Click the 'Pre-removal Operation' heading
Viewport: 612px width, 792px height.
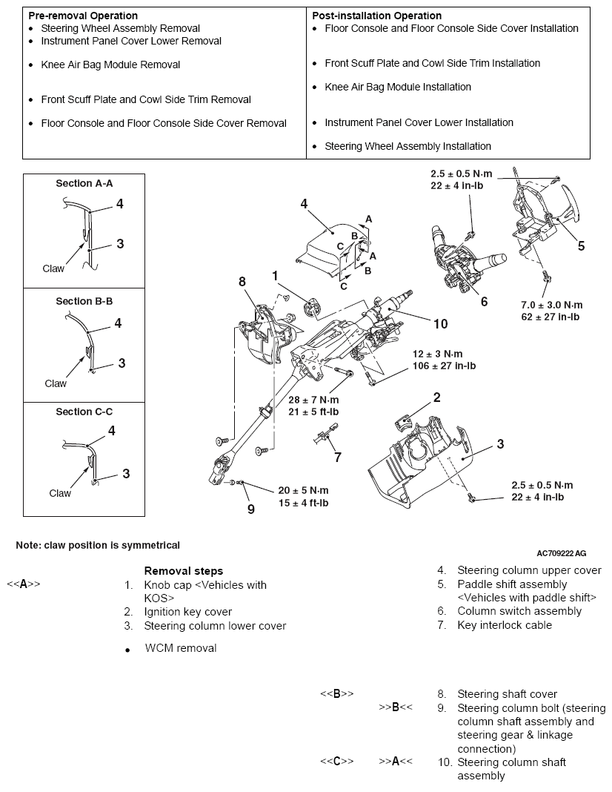pos(82,16)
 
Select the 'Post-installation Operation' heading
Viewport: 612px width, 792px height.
pos(376,16)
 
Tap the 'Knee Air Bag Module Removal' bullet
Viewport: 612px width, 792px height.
pos(110,65)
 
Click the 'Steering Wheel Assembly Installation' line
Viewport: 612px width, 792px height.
pos(408,146)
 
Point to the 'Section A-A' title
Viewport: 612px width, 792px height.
pos(84,183)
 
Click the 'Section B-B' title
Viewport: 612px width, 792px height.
pos(84,302)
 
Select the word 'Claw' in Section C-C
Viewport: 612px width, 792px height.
pos(60,493)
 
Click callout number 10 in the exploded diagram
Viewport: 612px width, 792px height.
pos(440,323)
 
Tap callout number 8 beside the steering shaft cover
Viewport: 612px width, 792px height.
pos(242,281)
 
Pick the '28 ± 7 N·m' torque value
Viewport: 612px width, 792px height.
pos(315,400)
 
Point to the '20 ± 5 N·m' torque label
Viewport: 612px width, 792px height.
pos(304,490)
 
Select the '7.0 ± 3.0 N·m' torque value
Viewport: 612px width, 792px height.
pos(552,305)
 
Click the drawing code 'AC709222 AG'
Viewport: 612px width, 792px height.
pos(562,553)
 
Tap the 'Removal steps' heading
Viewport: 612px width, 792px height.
pos(183,571)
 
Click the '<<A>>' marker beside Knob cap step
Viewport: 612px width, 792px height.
pos(24,584)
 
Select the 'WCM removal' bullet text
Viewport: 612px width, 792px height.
pos(181,648)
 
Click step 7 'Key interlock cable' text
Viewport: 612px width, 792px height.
pos(505,625)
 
